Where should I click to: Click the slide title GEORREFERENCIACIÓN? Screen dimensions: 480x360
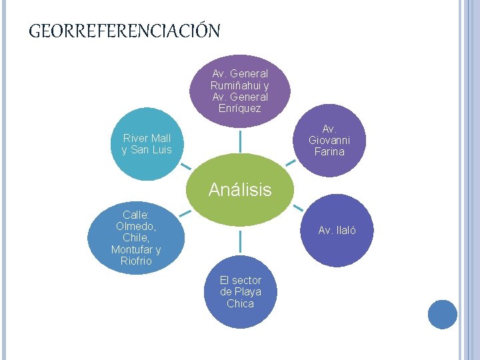coord(125,31)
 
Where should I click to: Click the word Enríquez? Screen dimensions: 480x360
coord(240,108)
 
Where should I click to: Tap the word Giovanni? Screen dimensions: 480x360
coord(329,140)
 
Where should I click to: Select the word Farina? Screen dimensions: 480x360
coord(329,151)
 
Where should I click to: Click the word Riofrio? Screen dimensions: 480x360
coord(136,261)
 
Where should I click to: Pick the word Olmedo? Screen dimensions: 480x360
coord(133,226)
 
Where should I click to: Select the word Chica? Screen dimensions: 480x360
coord(240,303)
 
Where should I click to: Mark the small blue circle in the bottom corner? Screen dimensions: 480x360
coord(442,314)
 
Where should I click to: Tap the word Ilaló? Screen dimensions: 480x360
coord(345,231)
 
